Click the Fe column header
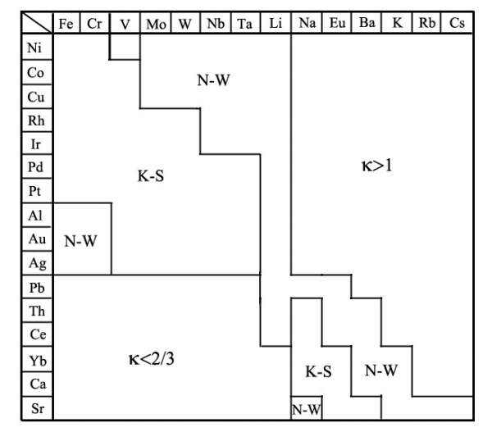pyautogui.click(x=66, y=24)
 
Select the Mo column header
pyautogui.click(x=155, y=24)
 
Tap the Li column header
pyautogui.click(x=276, y=24)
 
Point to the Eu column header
pyautogui.click(x=336, y=24)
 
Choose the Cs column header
pyautogui.click(x=458, y=24)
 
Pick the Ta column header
pyautogui.click(x=245, y=24)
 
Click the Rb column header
pyautogui.click(x=427, y=24)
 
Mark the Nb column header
pyautogui.click(x=216, y=24)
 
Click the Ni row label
pyautogui.click(x=35, y=48)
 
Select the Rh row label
pyautogui.click(x=35, y=120)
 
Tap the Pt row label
pyautogui.click(x=35, y=192)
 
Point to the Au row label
pyautogui.click(x=35, y=240)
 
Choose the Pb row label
pyautogui.click(x=35, y=288)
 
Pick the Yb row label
pyautogui.click(x=35, y=360)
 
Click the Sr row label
pyautogui.click(x=35, y=408)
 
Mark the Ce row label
pyautogui.click(x=35, y=336)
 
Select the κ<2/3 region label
pyautogui.click(x=152, y=359)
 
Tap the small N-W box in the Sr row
pyautogui.click(x=306, y=409)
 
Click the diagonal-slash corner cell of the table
pyautogui.click(x=35, y=23)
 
